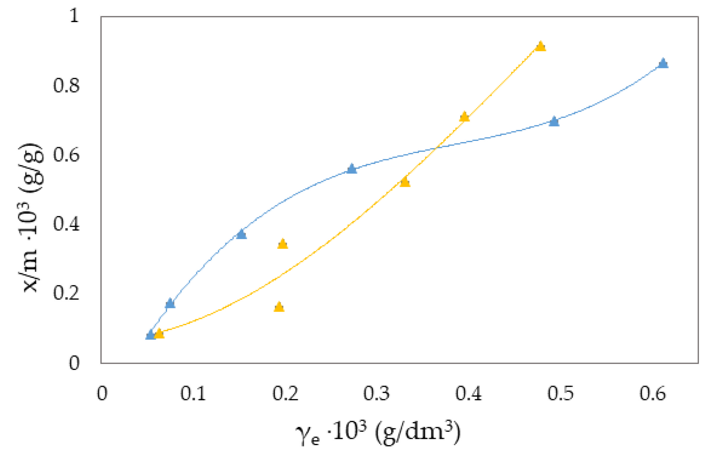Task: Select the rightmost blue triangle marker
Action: click(663, 63)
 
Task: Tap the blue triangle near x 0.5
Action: click(554, 121)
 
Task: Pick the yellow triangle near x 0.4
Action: click(464, 117)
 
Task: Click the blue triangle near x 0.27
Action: click(352, 169)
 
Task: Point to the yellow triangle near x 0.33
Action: click(405, 182)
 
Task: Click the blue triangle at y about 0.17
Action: click(170, 303)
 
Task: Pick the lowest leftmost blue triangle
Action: click(151, 335)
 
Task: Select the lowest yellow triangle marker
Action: click(159, 334)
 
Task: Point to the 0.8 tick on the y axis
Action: click(66, 86)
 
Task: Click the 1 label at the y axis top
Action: click(74, 15)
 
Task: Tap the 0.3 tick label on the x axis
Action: click(376, 394)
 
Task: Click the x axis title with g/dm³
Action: click(378, 433)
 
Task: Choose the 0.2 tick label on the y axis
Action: click(66, 293)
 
